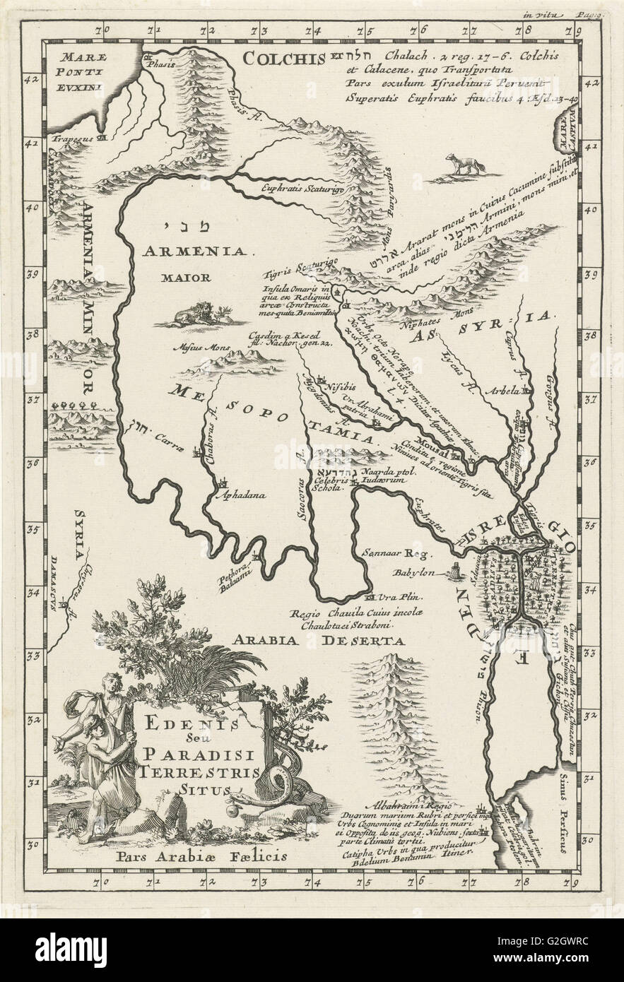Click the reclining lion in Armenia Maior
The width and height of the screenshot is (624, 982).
[x=193, y=314]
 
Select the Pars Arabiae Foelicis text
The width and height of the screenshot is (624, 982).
[x=196, y=853]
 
